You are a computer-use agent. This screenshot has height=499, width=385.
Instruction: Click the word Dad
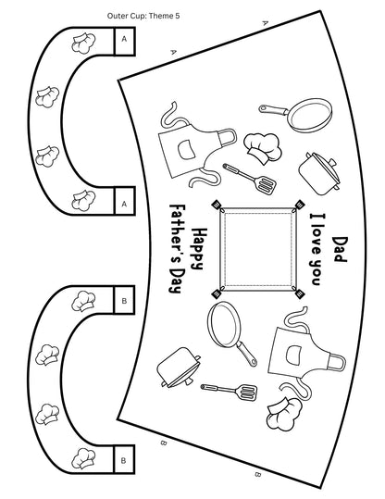click(340, 249)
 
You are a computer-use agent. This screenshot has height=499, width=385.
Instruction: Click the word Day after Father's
click(177, 280)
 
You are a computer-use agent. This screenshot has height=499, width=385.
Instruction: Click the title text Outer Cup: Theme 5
click(143, 16)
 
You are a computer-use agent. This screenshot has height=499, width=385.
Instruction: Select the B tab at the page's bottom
click(124, 459)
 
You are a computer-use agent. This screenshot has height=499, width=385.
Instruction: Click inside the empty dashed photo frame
click(257, 249)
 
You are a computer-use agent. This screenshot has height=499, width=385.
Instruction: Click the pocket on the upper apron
click(186, 150)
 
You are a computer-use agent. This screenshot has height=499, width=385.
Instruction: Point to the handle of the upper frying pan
click(273, 110)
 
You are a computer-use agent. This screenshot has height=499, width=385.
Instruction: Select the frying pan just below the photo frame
click(231, 332)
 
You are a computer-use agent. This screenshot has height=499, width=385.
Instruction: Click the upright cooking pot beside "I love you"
click(319, 173)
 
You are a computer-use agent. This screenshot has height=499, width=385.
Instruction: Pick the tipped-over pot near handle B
click(179, 368)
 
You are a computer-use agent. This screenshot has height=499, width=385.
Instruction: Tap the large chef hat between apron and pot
click(263, 149)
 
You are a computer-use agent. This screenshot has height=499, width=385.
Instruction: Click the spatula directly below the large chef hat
click(250, 179)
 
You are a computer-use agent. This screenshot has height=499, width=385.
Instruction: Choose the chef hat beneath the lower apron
click(284, 414)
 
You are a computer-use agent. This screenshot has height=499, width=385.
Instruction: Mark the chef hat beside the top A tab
click(83, 43)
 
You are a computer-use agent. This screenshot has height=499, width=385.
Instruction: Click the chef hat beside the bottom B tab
click(83, 458)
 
